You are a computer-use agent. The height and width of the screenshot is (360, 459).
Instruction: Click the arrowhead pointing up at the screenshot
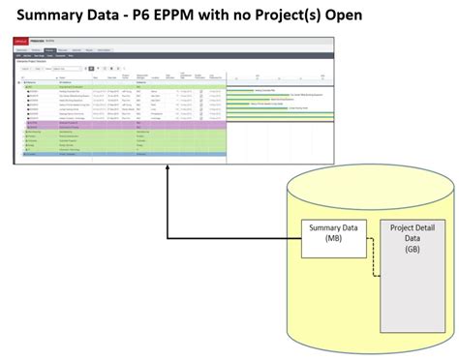point(168,171)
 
